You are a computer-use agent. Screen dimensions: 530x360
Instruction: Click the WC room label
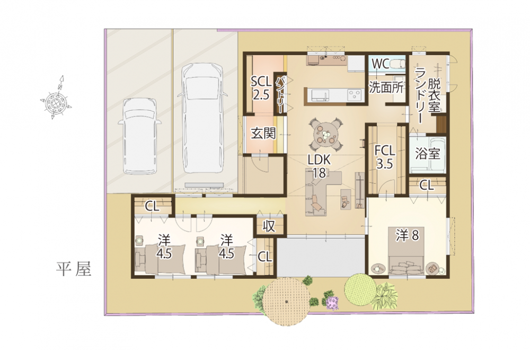(380, 64)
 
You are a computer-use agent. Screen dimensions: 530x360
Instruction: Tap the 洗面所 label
(386, 87)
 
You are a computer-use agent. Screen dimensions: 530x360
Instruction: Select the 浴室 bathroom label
(428, 154)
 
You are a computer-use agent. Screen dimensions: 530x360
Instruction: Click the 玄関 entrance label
(263, 134)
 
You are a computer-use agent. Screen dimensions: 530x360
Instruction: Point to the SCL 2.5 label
(261, 88)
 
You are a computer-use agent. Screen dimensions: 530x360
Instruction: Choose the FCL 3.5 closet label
(385, 157)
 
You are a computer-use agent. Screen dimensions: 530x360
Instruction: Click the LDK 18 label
(319, 166)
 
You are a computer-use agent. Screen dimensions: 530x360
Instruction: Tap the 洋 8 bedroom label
(408, 235)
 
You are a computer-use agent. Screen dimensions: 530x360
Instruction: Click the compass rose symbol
(56, 100)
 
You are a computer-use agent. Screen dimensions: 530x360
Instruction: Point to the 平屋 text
(74, 269)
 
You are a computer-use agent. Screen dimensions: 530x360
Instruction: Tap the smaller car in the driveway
(139, 136)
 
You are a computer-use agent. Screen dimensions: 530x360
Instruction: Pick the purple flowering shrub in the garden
(332, 302)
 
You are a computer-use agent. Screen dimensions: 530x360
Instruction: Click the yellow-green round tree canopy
(360, 288)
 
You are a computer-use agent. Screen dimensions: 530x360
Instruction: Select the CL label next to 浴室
(427, 185)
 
